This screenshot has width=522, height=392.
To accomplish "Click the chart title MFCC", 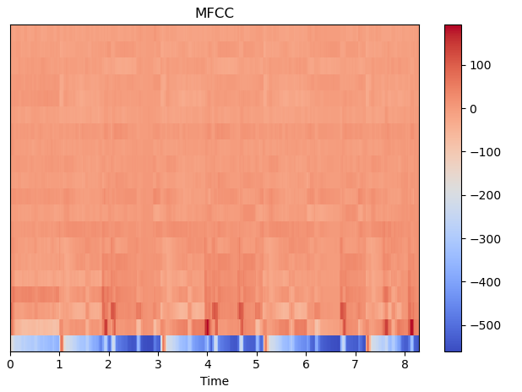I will [214, 13].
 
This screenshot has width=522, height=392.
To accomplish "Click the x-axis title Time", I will [214, 381].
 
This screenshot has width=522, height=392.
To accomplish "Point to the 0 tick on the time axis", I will [10, 364].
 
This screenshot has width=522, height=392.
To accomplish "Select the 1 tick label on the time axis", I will [59, 364].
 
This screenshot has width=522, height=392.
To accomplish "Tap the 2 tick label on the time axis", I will [108, 364].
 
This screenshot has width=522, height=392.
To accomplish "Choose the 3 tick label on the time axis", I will [158, 364].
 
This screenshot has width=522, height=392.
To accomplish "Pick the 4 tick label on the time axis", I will [207, 364].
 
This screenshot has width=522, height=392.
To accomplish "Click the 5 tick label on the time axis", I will [256, 364].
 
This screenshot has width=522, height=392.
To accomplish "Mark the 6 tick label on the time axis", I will [306, 364].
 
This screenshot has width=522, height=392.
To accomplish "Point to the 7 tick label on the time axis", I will [355, 364].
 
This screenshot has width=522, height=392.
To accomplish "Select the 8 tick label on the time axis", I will [404, 364].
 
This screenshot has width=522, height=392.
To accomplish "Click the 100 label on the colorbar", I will [481, 65].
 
